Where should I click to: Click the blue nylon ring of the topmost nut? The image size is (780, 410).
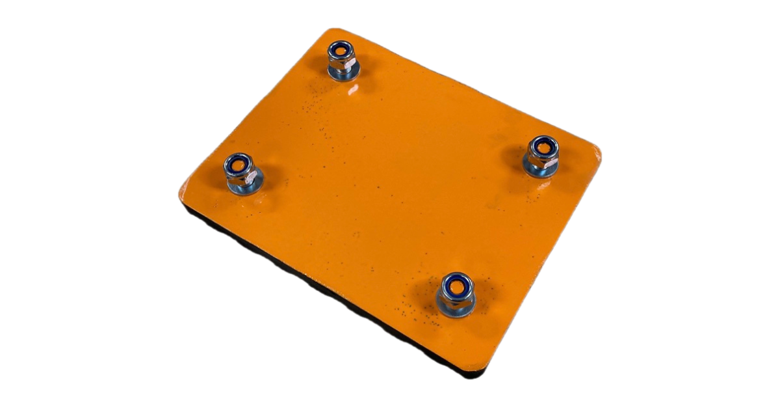coord(333,48)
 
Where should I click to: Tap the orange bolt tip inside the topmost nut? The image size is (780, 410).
coord(339,51)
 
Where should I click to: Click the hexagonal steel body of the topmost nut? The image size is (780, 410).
coord(339,63)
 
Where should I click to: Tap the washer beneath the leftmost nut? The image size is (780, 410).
coord(242,189)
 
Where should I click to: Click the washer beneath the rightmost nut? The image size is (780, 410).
coord(541,171)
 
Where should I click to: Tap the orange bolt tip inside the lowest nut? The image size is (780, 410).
coord(456,284)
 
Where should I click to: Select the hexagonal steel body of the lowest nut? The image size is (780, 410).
coord(455,298)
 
